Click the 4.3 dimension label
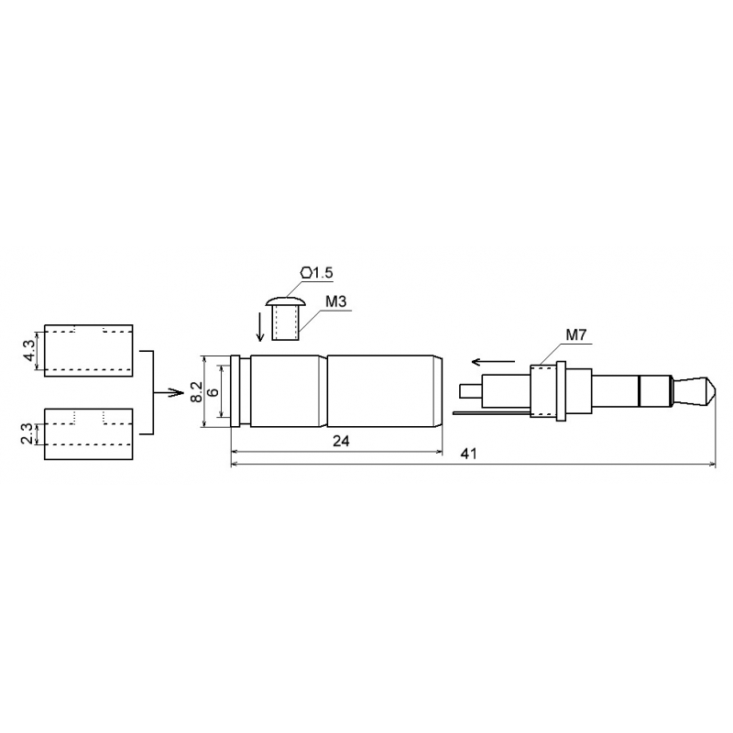tap(29, 350)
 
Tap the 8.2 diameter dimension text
tap(197, 391)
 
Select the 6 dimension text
tap(213, 392)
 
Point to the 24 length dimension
tap(341, 441)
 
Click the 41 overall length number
tap(468, 454)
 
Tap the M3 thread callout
tap(335, 301)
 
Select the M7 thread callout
tap(576, 335)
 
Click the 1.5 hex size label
tap(323, 272)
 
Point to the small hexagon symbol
tap(307, 272)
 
